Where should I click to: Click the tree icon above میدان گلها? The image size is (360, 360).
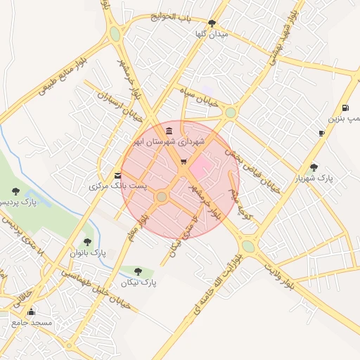click(212, 23)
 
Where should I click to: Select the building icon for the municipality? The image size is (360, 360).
click(169, 130)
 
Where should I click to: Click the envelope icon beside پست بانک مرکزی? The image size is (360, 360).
click(117, 176)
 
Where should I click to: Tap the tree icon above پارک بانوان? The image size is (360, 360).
click(87, 242)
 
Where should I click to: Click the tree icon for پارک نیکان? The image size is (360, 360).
click(138, 271)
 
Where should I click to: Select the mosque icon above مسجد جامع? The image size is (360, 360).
click(30, 311)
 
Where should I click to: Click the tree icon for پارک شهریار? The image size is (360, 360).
click(314, 167)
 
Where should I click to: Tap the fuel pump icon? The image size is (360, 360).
click(345, 108)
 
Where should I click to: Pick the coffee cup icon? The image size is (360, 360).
click(321, 133)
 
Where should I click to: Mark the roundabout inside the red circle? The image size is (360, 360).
click(162, 197)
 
